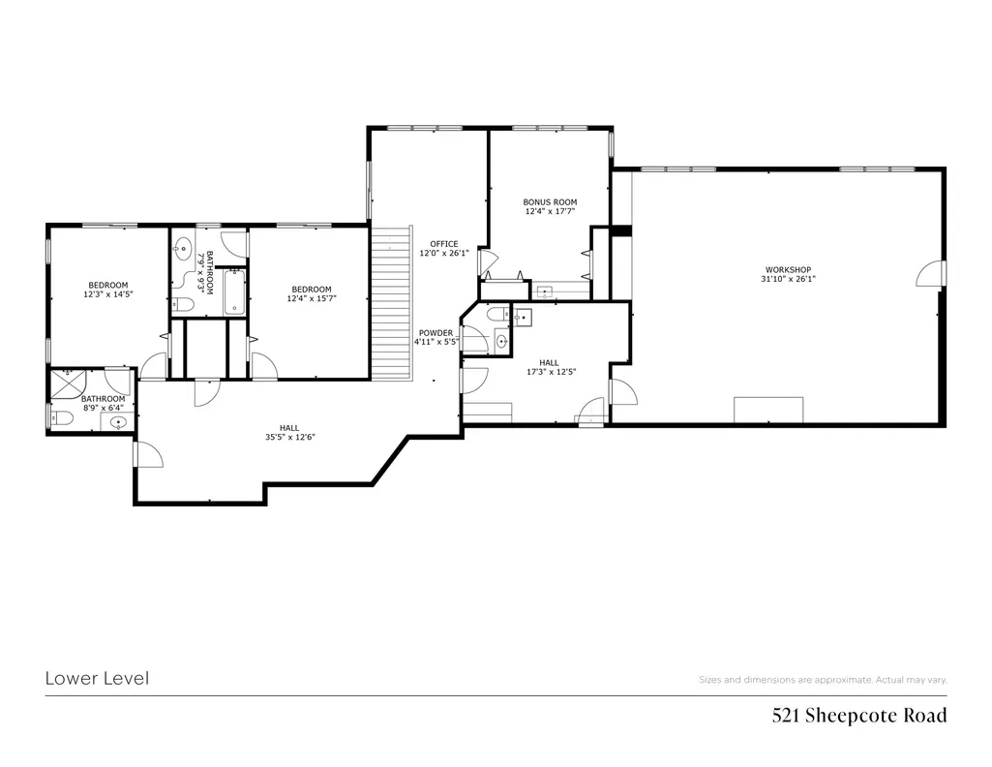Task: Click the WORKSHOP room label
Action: pos(789,269)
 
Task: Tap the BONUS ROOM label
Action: pos(550,202)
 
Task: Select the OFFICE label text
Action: pos(444,244)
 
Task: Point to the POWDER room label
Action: pos(436,333)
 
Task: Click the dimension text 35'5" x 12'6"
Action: pos(289,438)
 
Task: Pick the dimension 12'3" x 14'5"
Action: pos(108,294)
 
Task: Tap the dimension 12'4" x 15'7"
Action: pos(312,298)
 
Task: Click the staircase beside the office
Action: pos(392,303)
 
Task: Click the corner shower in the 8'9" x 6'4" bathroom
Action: pos(66,383)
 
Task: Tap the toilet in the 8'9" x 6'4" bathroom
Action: pos(62,418)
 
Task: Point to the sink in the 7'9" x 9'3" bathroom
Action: pos(183,249)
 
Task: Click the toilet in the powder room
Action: pos(498,314)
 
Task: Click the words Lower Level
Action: pos(97,679)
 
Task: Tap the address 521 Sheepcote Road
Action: pos(859,716)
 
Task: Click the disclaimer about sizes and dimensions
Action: pos(823,680)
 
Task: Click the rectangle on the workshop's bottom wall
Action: pos(768,410)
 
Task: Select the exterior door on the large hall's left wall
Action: pos(148,454)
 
